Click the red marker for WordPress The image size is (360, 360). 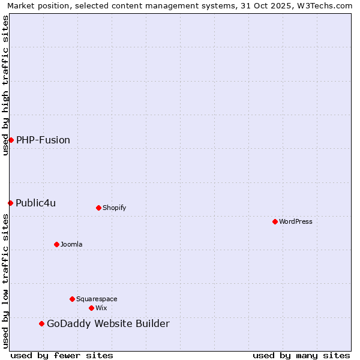click(275, 221)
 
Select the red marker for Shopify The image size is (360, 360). click(98, 208)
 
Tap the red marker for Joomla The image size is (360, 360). click(56, 244)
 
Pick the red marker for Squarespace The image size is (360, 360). click(72, 299)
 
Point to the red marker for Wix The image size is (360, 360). click(91, 308)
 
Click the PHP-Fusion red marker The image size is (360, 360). click(11, 140)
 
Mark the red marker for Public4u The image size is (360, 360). click(10, 203)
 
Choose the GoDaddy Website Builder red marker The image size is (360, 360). click(41, 324)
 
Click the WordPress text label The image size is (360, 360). click(296, 221)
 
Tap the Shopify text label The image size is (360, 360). click(114, 208)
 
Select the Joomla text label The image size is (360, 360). click(71, 244)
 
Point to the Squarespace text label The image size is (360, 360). click(97, 299)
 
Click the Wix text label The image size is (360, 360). click(101, 308)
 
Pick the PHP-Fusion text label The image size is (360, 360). click(43, 140)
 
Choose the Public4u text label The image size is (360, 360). click(36, 203)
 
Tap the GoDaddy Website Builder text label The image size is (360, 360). click(108, 324)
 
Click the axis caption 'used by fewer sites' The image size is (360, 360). click(62, 355)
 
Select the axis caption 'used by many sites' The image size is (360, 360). click(301, 355)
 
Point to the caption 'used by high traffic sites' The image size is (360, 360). click(6, 85)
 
